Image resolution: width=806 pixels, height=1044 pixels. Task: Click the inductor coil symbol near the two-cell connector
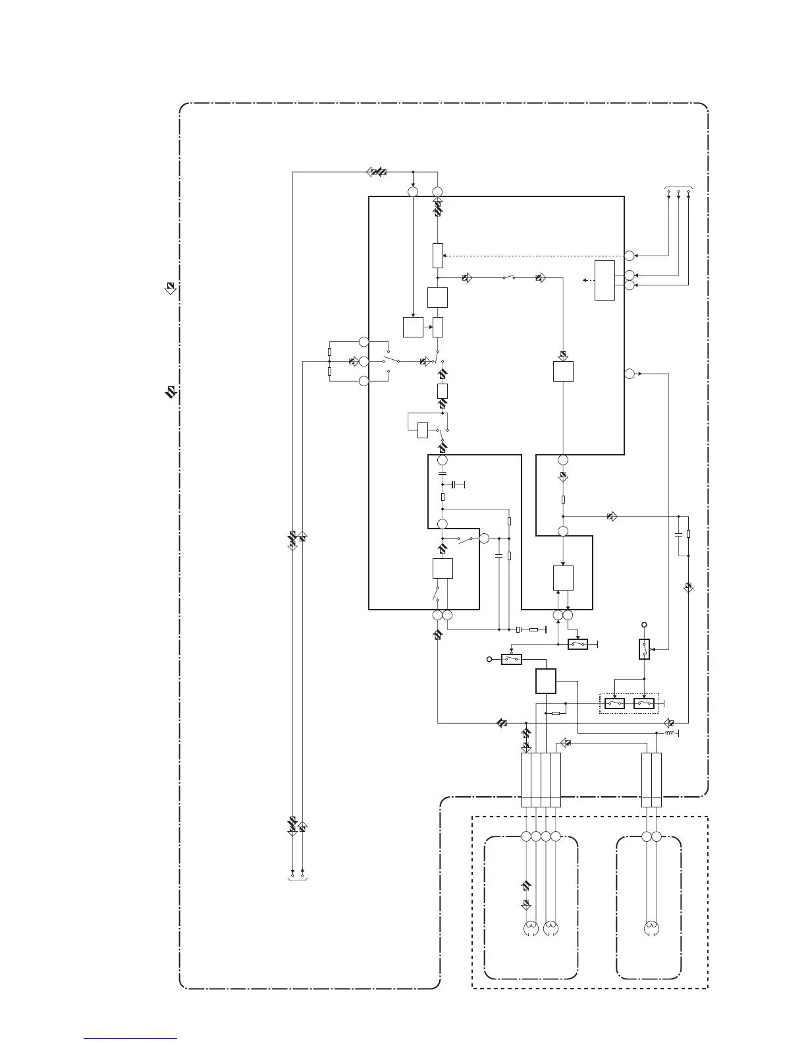[670, 733]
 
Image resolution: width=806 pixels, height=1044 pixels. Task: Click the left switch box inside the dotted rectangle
[614, 704]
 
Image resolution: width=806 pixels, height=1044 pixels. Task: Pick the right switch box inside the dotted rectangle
[643, 704]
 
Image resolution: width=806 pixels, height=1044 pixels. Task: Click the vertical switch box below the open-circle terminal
[645, 649]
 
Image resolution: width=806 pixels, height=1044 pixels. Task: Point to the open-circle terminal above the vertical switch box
[645, 624]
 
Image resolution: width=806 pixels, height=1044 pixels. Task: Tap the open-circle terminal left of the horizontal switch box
[489, 658]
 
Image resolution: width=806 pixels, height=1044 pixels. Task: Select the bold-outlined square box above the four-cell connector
[546, 681]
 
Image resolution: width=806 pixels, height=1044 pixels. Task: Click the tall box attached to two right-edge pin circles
[604, 280]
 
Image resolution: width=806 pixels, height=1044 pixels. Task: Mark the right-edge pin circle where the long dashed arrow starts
[629, 255]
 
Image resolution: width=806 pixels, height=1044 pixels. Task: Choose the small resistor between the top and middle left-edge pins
[329, 352]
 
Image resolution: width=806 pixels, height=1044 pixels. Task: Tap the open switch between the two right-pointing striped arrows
[508, 278]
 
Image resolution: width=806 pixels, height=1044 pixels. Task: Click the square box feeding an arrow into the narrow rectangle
[413, 326]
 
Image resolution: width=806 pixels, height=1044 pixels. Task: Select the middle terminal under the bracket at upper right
[678, 192]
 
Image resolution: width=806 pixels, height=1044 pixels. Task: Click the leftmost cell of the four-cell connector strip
[525, 780]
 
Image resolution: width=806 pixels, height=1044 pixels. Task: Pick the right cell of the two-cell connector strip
[656, 780]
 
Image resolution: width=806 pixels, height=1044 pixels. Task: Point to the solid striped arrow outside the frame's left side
[171, 393]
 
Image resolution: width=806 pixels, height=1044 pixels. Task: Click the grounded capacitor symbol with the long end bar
[455, 484]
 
